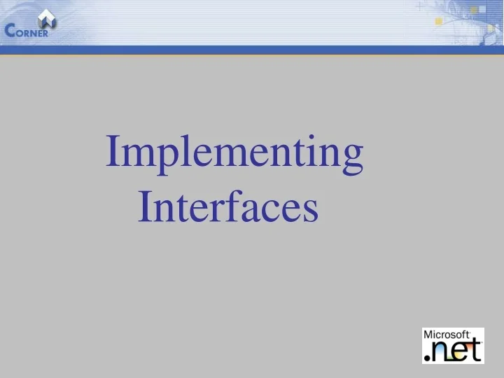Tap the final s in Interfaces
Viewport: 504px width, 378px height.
coord(311,210)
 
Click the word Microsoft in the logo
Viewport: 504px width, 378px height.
coord(447,335)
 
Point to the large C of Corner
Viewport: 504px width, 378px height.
coord(10,30)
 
